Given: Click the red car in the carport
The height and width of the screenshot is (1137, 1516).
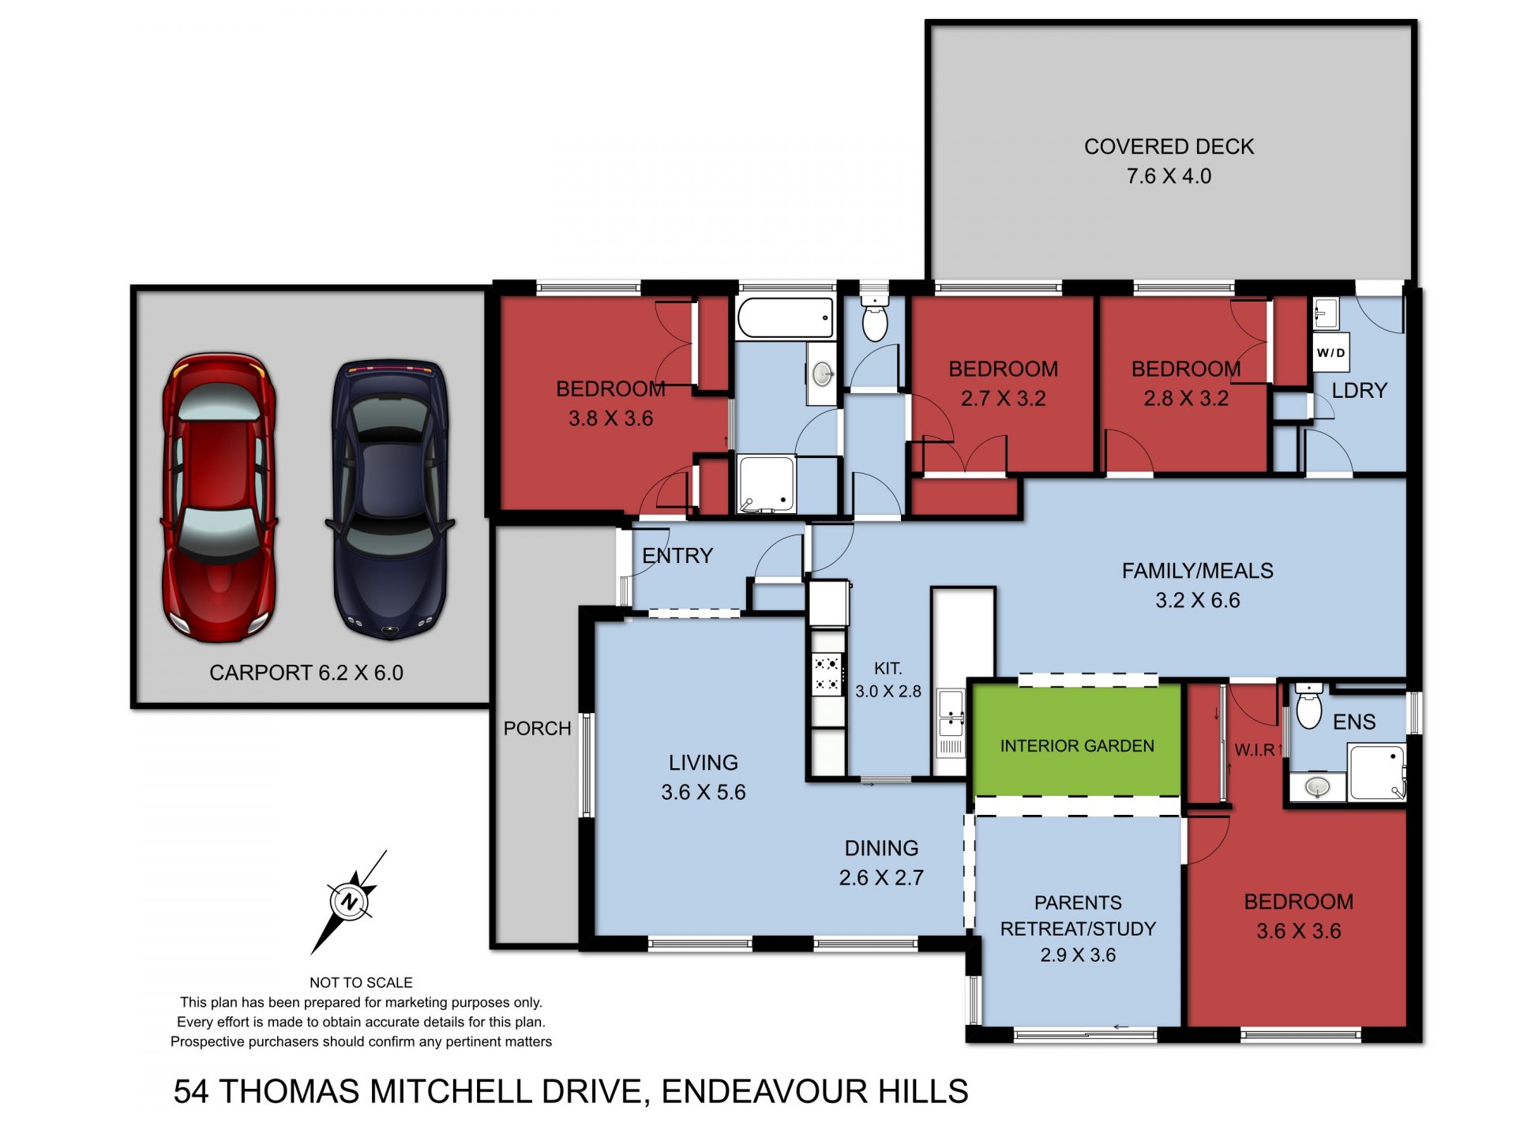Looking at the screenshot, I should pos(219,497).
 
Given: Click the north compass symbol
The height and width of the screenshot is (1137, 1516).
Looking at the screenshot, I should pos(349,901).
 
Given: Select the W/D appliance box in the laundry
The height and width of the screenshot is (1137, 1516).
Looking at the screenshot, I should pos(1330,352).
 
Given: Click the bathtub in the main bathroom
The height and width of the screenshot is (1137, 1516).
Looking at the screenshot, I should pos(786,318).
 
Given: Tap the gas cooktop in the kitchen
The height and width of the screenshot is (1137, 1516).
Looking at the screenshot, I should pos(827,674).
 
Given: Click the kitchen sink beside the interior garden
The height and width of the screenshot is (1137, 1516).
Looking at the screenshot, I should pos(951,712).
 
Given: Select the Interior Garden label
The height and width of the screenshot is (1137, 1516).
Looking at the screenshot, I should pos(1077,746).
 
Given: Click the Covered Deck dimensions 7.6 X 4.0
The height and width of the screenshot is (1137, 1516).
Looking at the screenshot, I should pos(1169,176).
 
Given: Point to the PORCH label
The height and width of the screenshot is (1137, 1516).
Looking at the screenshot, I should pos(538,728).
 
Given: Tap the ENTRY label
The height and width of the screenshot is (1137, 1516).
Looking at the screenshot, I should pos(677,556).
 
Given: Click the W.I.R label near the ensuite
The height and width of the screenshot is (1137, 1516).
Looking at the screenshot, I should pos(1254,750).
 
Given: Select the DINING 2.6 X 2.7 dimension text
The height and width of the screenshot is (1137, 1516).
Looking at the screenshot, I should pos(881,877).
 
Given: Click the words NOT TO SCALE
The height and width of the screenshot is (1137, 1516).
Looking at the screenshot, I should pos(361,982).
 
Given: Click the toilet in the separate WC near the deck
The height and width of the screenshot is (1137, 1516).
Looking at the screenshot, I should pos(875,321).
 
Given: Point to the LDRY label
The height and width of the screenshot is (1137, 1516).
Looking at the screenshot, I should pos(1359,391).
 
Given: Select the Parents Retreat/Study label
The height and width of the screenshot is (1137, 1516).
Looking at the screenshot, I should pos(1078,916).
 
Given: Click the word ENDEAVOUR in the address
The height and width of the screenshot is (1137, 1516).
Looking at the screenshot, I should pos(764,1091).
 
